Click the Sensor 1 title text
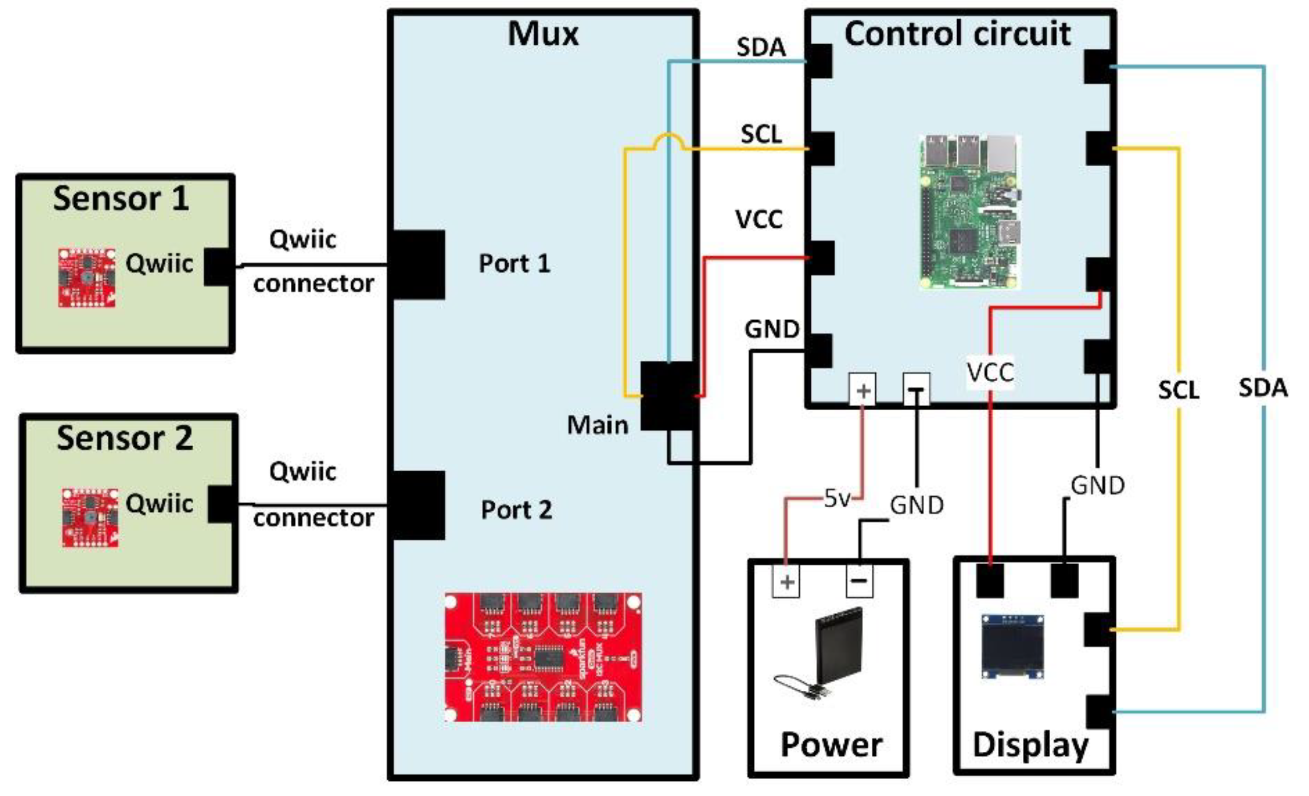(121, 199)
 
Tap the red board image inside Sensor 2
(90, 518)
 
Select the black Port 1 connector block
(417, 265)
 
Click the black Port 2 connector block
(417, 505)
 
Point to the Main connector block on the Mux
(668, 396)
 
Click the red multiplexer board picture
(543, 657)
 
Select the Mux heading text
(543, 34)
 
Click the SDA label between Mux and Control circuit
(761, 47)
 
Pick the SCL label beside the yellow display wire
(1178, 390)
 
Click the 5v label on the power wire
(837, 498)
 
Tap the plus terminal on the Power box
(786, 582)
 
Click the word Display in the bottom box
(1030, 745)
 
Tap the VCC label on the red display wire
(990, 372)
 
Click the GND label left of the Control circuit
(771, 329)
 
